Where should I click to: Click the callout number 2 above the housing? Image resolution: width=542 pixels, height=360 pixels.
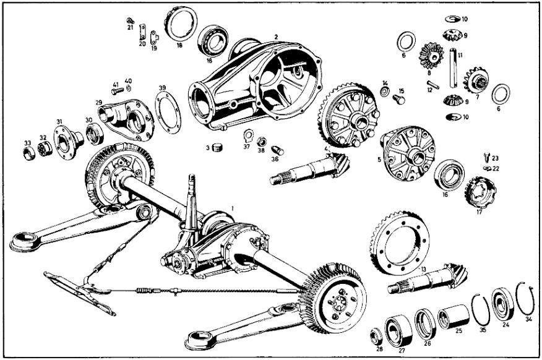click(276, 37)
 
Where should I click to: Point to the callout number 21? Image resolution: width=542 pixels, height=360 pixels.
click(131, 28)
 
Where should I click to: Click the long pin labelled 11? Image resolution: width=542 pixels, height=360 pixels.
click(453, 66)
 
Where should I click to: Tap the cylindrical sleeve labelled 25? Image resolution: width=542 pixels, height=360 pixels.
click(453, 317)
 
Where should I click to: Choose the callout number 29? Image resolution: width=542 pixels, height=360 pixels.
click(98, 102)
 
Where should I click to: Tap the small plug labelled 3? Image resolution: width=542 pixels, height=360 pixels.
click(217, 147)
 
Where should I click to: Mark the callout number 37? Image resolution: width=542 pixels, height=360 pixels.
click(246, 147)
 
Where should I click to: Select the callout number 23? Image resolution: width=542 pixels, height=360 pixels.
click(495, 158)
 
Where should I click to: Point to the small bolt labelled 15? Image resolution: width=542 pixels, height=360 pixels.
click(399, 98)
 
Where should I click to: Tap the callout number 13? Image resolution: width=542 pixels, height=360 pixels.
click(423, 270)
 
